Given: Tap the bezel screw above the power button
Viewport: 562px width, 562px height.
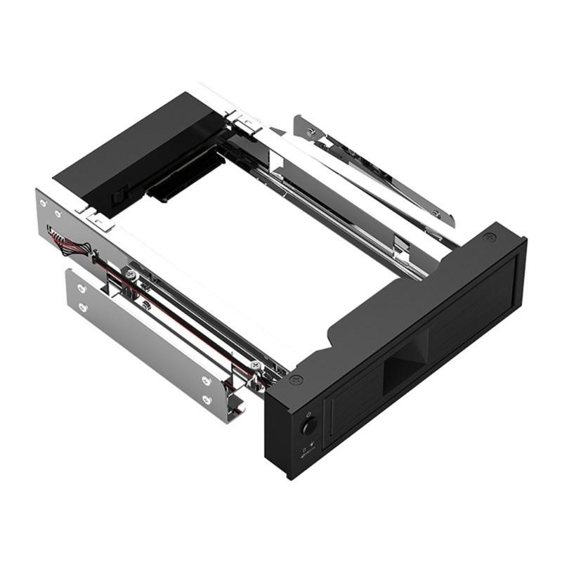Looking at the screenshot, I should [x=295, y=381].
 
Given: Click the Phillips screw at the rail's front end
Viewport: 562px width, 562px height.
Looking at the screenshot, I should [x=254, y=365].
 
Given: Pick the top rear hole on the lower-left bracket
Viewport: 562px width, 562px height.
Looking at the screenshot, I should [x=82, y=288].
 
